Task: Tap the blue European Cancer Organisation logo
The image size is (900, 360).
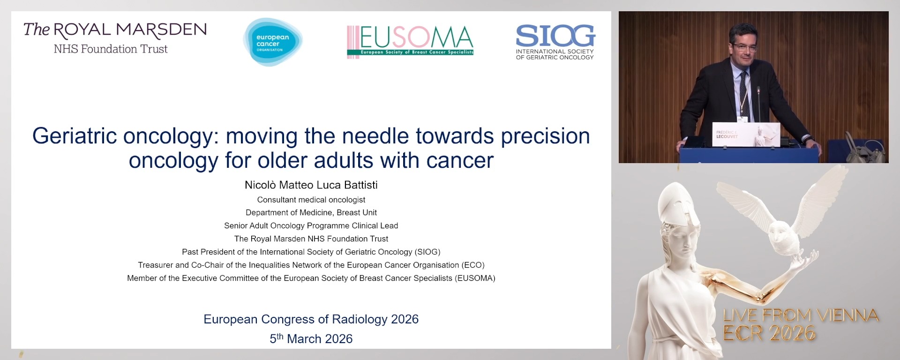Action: tap(272, 42)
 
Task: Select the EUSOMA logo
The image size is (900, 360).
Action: tap(410, 41)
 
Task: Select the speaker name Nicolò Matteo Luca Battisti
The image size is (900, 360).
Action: tap(311, 185)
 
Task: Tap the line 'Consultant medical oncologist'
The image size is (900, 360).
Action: tap(311, 200)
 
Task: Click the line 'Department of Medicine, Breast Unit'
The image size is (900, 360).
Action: tap(311, 212)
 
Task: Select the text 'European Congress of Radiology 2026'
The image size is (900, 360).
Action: tap(311, 319)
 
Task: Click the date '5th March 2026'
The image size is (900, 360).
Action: tap(311, 338)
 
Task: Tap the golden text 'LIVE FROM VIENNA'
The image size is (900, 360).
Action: tap(801, 315)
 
